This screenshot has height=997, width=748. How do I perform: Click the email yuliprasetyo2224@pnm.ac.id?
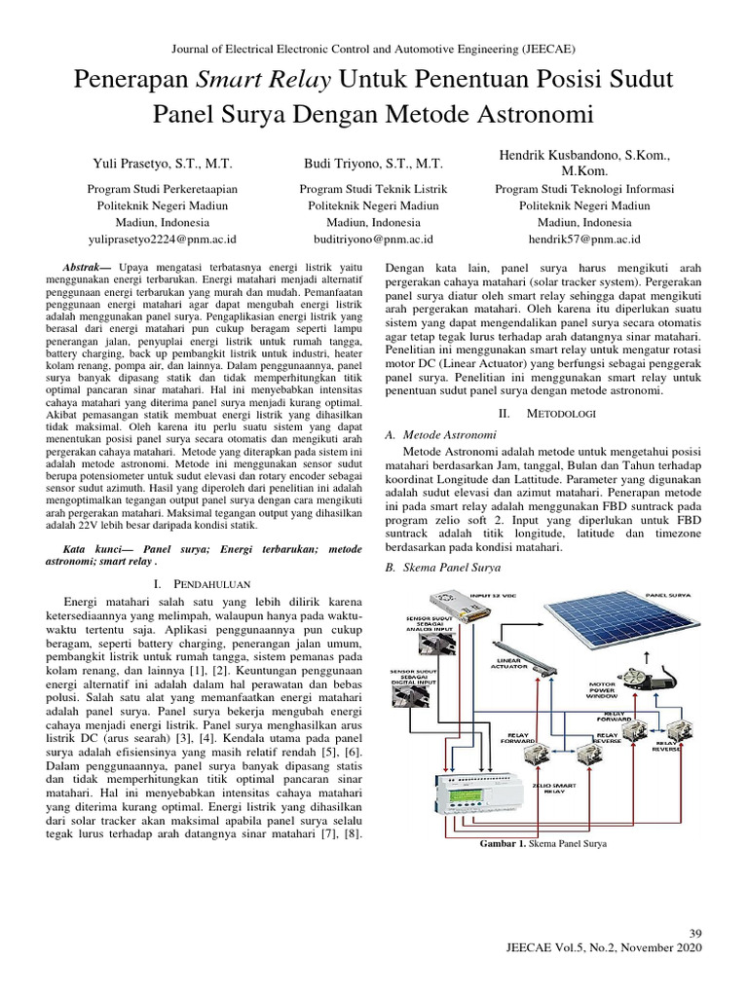pos(163,238)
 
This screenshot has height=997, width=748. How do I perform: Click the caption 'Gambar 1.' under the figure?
pos(504,845)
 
